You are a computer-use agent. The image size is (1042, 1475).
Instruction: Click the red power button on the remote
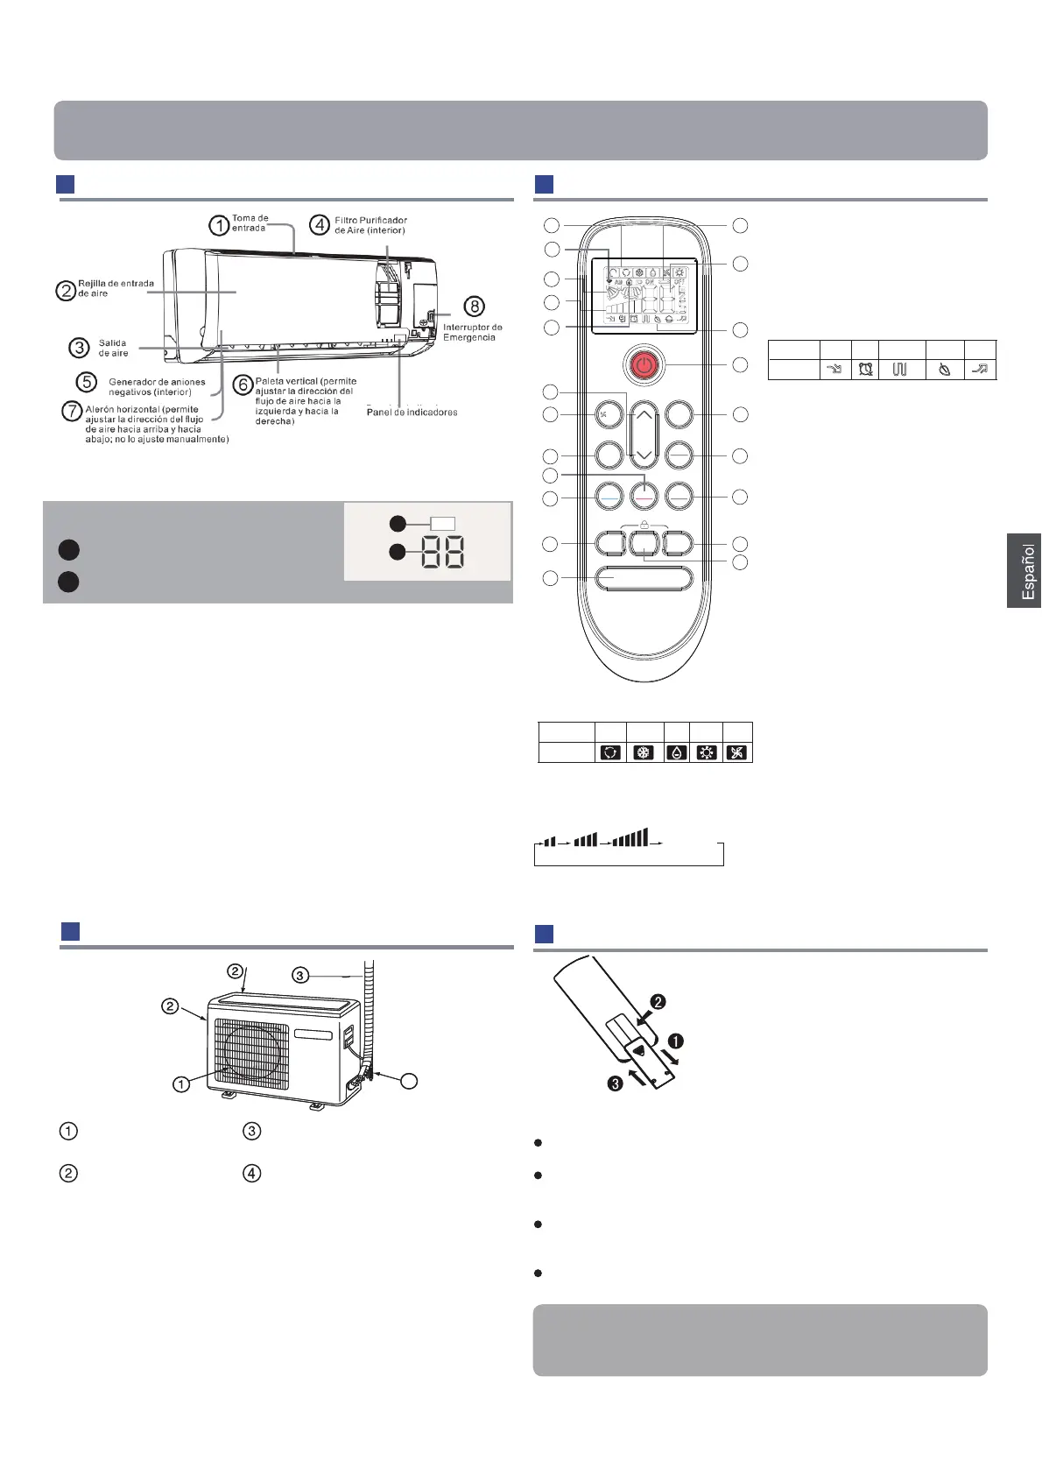[644, 364]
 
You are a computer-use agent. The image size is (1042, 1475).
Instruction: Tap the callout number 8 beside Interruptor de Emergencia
[473, 306]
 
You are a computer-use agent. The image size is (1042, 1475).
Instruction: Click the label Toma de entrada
[250, 223]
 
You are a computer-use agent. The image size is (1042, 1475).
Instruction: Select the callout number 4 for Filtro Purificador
[320, 225]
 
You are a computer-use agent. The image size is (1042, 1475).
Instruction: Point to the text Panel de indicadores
[412, 412]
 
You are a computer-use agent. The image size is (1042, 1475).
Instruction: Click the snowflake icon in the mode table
[644, 752]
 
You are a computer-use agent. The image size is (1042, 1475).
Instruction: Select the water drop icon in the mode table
[676, 752]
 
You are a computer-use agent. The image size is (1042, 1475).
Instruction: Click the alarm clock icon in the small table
[865, 370]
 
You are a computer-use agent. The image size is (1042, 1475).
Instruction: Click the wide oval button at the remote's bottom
[644, 578]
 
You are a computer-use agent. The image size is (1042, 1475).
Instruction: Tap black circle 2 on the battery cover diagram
[658, 1001]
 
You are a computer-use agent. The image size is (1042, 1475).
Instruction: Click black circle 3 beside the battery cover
[616, 1083]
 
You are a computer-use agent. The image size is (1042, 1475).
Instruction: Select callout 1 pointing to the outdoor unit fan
[181, 1084]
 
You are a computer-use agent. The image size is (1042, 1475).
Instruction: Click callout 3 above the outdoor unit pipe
[300, 975]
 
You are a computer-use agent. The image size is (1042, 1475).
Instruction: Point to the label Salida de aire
[113, 348]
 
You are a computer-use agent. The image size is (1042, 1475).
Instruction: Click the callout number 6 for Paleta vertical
[243, 385]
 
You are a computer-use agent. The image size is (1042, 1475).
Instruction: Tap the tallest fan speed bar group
[630, 838]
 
